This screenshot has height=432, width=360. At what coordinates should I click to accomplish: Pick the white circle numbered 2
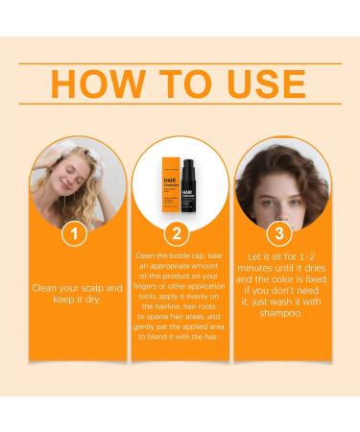point(180,233)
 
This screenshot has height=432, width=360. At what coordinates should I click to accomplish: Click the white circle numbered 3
point(278,233)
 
